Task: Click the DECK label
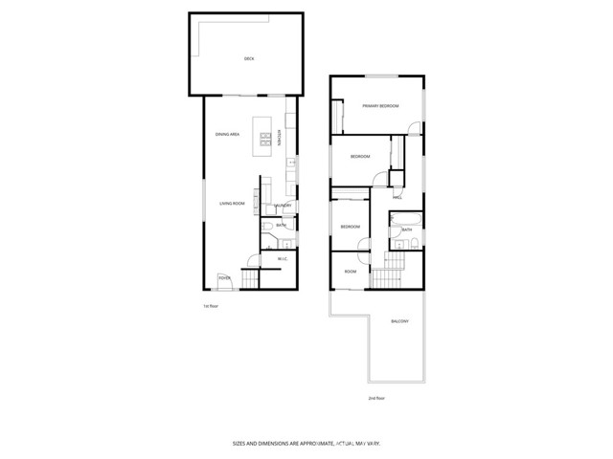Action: pos(249,59)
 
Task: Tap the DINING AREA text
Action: pos(226,135)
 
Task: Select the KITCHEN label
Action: pos(280,138)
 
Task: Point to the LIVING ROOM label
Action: pos(233,204)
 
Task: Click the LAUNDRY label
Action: pos(283,205)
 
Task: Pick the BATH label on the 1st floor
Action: pos(281,226)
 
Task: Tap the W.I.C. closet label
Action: pos(283,259)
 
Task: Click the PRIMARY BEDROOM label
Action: pos(380,105)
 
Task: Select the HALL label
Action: pos(397,197)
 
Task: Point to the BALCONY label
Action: pos(400,321)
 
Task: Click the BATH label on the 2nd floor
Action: pos(407,229)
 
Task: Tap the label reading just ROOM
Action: pos(351,272)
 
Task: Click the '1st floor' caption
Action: pos(211,306)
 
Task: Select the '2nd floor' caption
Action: pos(376,398)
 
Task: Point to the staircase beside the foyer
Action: pos(250,278)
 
